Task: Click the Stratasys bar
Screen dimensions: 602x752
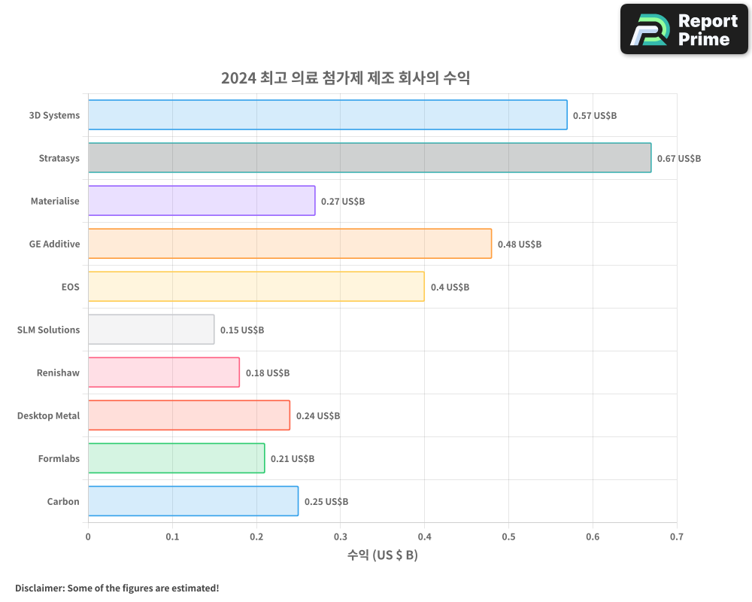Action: coord(369,158)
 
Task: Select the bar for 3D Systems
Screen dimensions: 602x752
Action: coord(327,115)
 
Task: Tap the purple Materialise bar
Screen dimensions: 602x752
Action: coord(202,201)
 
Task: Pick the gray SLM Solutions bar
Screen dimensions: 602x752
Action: coord(151,330)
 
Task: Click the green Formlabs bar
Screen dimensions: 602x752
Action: coord(176,458)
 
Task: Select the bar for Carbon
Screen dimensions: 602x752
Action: coord(193,501)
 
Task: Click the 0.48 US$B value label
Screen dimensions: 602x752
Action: coord(519,245)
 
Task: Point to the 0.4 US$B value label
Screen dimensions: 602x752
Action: coord(450,287)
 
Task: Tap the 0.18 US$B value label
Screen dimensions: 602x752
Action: coord(267,373)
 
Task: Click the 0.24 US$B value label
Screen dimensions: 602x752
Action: coord(317,416)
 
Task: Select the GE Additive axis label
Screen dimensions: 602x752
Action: coord(54,244)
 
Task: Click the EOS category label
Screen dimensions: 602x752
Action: coord(70,287)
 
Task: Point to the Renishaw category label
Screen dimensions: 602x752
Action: coord(58,372)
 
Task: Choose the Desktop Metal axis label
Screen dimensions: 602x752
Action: coord(48,415)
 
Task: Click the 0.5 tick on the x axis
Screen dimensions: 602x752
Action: coord(508,537)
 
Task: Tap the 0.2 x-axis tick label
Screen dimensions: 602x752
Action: coord(256,537)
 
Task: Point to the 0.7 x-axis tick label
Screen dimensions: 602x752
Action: coord(677,537)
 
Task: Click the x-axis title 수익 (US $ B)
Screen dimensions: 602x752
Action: coord(382,555)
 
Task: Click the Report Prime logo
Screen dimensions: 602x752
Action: coord(684,29)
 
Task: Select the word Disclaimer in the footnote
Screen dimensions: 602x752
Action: coord(38,588)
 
